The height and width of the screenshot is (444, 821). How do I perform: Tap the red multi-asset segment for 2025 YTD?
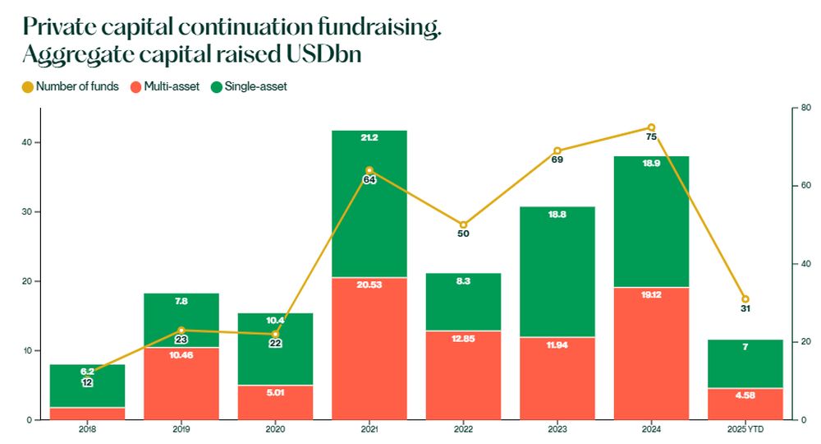(x=745, y=404)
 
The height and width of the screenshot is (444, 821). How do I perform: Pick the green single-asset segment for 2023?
(x=557, y=271)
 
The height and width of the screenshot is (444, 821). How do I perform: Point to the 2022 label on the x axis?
(x=463, y=429)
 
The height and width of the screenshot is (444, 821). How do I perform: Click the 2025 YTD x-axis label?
(x=745, y=429)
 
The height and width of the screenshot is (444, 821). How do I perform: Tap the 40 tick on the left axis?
(x=27, y=143)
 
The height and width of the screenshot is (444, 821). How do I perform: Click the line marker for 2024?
(x=651, y=127)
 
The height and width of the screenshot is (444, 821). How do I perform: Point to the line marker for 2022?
(x=463, y=224)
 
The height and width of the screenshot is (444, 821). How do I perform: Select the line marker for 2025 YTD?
(x=745, y=298)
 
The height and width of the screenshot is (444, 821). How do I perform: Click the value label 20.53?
(x=369, y=285)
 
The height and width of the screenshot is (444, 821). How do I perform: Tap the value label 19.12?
(x=651, y=294)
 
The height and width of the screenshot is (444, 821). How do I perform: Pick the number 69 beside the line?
(x=557, y=160)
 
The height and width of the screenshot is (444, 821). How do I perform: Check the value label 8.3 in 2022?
(x=463, y=280)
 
